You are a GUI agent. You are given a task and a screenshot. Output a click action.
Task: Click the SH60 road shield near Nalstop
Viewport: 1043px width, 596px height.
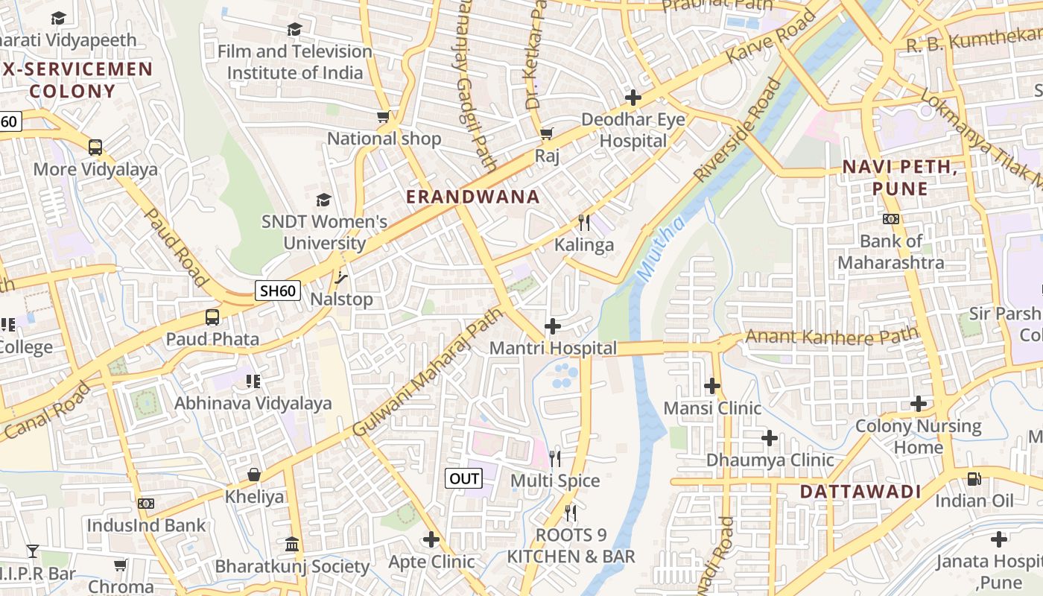point(277,291)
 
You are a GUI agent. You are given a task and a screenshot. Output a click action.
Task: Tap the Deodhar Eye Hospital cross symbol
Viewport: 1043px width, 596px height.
point(633,98)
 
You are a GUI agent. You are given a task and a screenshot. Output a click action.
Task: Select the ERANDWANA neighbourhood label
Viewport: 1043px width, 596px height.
point(473,197)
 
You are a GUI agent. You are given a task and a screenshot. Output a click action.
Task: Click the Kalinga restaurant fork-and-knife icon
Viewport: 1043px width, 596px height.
point(584,223)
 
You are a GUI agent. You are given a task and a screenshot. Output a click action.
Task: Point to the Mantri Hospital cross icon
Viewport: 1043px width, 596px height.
point(553,326)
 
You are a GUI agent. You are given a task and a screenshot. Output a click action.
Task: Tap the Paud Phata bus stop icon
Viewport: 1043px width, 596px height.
point(212,317)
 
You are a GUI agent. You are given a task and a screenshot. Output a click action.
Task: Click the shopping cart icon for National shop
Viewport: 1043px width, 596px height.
point(384,117)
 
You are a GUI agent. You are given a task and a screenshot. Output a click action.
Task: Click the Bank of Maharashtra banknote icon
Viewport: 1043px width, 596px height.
point(891,219)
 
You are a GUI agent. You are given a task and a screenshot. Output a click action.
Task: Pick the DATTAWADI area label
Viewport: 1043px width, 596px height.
point(860,492)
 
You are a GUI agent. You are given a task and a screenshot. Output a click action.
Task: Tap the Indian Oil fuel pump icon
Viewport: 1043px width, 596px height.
point(974,478)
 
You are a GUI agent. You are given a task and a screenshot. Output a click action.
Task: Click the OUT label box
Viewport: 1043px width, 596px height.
point(463,478)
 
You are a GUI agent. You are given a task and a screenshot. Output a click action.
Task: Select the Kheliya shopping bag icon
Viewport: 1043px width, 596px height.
point(254,475)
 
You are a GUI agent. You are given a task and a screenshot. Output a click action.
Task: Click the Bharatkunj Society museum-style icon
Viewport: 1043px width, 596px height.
point(291,544)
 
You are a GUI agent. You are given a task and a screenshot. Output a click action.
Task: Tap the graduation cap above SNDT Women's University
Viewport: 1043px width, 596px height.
point(323,200)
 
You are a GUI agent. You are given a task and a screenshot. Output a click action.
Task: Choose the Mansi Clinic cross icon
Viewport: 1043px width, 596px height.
point(712,386)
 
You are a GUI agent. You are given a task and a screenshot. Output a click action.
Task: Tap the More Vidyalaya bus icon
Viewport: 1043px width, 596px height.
point(95,148)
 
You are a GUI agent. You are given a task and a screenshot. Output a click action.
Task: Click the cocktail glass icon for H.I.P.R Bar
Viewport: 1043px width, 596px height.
point(33,551)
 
